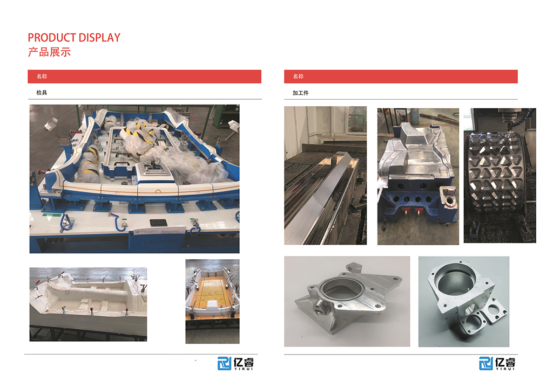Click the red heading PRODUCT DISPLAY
[x=74, y=37]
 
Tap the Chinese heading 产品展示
[x=49, y=52]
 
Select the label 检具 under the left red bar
[x=42, y=92]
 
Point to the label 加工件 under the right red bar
[x=301, y=93]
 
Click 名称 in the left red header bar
[x=42, y=77]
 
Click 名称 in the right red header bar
[x=298, y=77]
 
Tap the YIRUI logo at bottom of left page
[x=235, y=363]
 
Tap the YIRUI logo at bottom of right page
[x=497, y=363]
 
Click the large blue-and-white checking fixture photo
[x=134, y=179]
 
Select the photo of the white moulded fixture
[x=88, y=304]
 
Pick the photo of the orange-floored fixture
[x=212, y=301]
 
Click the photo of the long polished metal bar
[x=326, y=176]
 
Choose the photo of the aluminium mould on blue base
[x=418, y=177]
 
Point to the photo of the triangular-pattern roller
[x=500, y=176]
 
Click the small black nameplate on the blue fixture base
[x=158, y=223]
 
